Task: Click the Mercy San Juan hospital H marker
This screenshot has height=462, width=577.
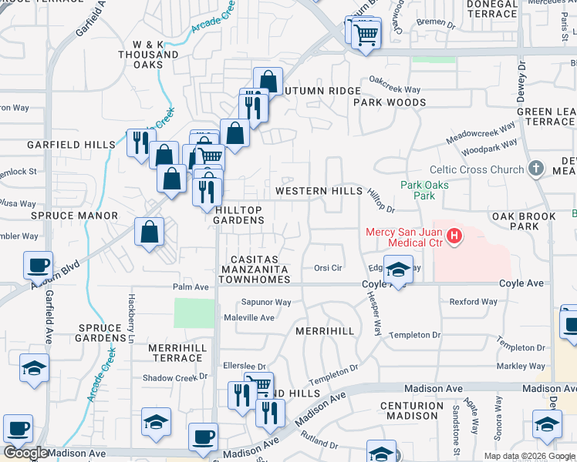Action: [x=455, y=236]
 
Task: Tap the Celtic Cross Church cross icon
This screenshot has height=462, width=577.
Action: [x=538, y=169]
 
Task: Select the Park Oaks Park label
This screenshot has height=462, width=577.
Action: [x=424, y=190]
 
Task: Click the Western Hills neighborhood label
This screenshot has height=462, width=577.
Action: [x=319, y=191]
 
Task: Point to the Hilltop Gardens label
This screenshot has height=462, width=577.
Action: [x=239, y=215]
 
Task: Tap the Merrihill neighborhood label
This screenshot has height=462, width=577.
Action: [x=325, y=330]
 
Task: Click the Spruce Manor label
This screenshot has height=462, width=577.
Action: [x=74, y=216]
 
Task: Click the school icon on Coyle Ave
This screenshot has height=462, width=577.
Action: [x=398, y=271]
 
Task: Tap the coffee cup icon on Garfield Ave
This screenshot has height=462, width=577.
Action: [x=38, y=266]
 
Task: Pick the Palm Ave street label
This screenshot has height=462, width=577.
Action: [x=190, y=287]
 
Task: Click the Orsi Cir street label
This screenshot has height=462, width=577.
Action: [x=328, y=268]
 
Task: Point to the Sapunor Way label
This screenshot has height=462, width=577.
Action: [x=266, y=303]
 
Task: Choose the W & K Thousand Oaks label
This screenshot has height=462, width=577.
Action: [x=148, y=55]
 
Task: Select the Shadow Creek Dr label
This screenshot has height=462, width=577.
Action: [x=171, y=378]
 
